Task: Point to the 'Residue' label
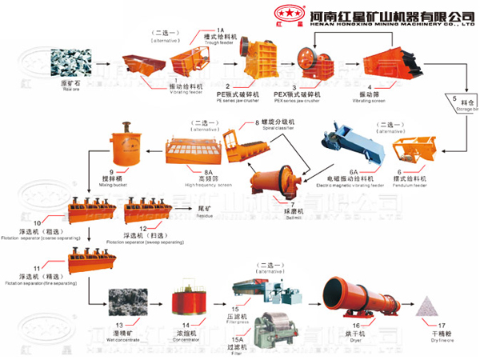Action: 204,214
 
